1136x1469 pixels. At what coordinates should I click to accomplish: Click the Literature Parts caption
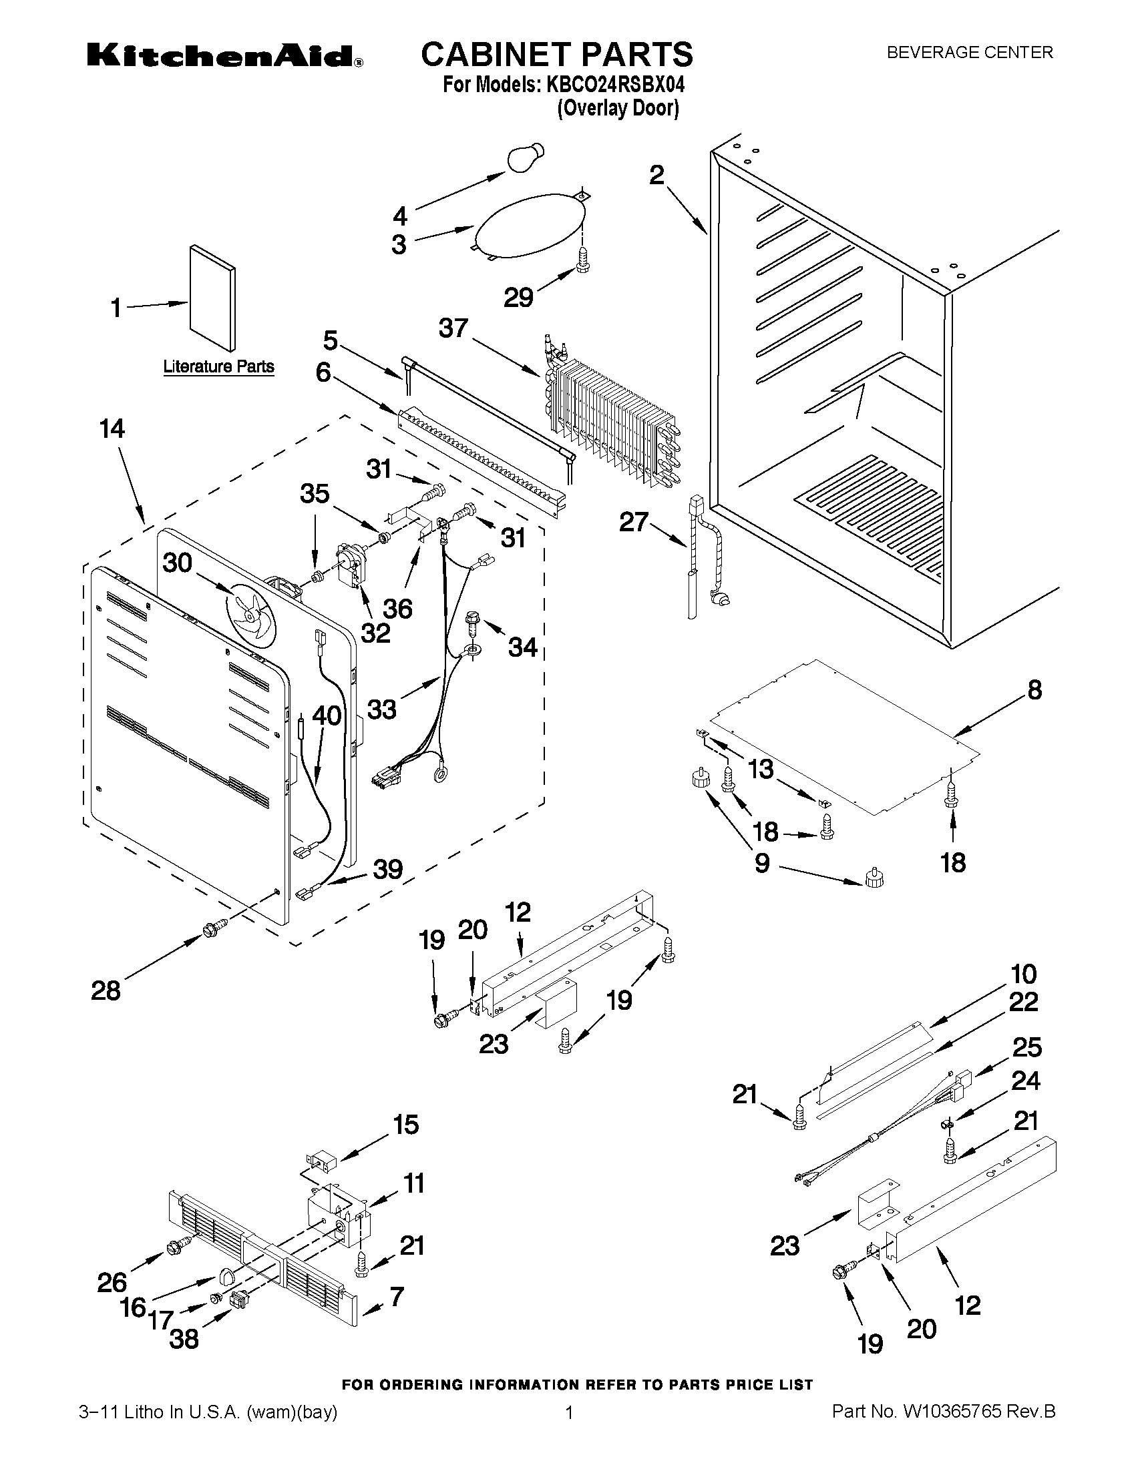click(x=219, y=367)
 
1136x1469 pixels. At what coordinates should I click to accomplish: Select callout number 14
click(x=112, y=429)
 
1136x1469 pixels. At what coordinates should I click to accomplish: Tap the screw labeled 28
click(x=211, y=930)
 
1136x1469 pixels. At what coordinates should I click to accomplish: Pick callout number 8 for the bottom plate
click(x=1034, y=689)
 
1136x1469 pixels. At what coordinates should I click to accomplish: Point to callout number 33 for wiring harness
click(x=381, y=708)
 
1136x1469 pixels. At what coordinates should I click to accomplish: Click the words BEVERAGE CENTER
click(x=969, y=53)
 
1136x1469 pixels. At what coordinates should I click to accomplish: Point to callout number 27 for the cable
click(x=633, y=522)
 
